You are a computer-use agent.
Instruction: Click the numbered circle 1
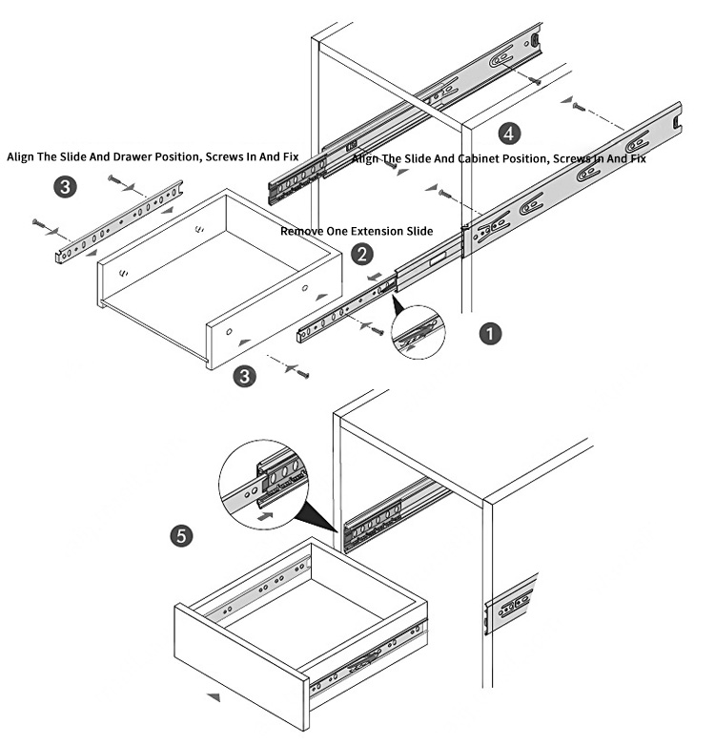tap(490, 335)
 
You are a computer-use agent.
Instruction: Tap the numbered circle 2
tap(361, 255)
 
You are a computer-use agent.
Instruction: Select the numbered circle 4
tap(511, 132)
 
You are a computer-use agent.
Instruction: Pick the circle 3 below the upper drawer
tap(246, 376)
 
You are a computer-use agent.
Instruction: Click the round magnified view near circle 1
tap(419, 330)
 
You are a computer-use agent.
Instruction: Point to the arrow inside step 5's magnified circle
tap(269, 512)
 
